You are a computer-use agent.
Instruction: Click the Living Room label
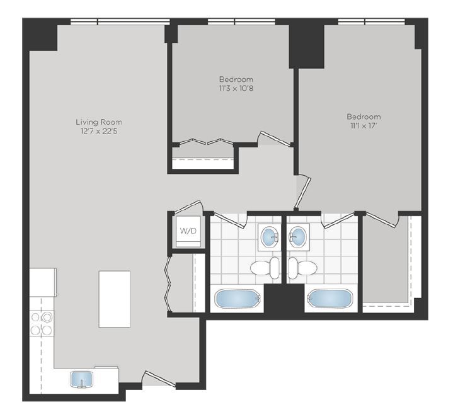(x=98, y=122)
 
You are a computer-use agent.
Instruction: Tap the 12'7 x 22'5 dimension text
(x=98, y=131)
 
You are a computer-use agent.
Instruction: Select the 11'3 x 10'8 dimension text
(x=236, y=88)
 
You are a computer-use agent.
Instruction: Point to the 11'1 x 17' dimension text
(x=364, y=126)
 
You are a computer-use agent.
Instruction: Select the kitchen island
(x=114, y=299)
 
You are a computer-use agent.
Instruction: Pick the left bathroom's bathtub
(x=238, y=298)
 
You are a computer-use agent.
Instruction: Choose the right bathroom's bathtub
(x=329, y=298)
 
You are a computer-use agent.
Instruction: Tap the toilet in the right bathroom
(x=302, y=268)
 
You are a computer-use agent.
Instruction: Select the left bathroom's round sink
(x=270, y=237)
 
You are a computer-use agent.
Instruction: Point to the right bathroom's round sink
(x=297, y=237)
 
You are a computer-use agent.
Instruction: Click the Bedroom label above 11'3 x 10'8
(x=236, y=79)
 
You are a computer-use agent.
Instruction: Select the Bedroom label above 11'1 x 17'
(x=364, y=117)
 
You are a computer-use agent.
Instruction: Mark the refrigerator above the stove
(x=43, y=282)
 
